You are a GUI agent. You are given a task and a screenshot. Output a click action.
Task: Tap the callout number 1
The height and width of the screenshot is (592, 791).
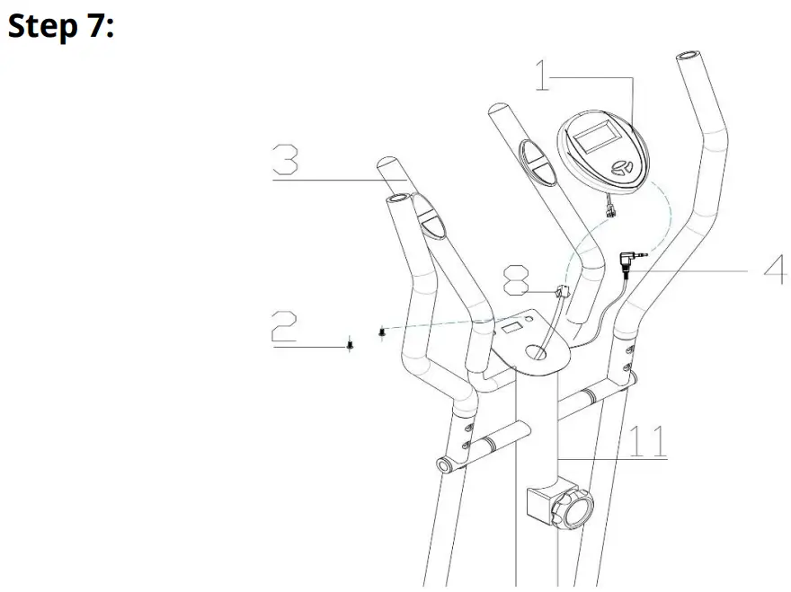click(x=542, y=75)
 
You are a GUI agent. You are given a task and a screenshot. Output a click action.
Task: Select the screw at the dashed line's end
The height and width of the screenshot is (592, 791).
click(x=383, y=331)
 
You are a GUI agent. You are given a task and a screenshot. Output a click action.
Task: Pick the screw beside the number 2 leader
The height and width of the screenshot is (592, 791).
click(x=350, y=345)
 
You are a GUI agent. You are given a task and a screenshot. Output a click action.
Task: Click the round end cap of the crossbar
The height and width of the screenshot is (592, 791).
click(x=444, y=464)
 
